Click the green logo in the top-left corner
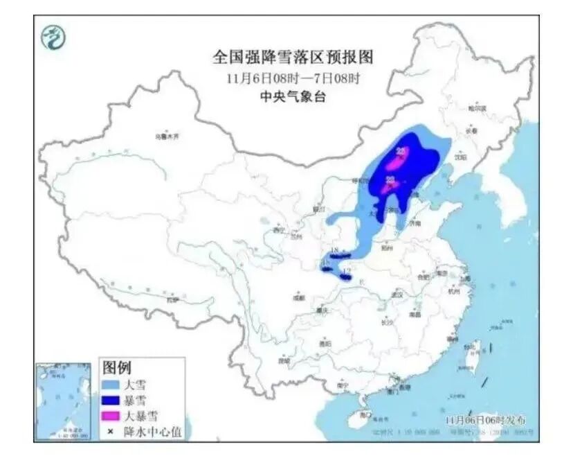54,37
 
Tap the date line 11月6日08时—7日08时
293,77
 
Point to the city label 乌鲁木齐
166,137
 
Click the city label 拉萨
172,299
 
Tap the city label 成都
298,297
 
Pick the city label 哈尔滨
477,109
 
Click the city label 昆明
284,360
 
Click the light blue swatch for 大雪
112,384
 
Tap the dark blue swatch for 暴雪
112,401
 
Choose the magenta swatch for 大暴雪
112,416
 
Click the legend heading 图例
117,367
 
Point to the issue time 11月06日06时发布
485,420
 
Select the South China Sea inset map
63,401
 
